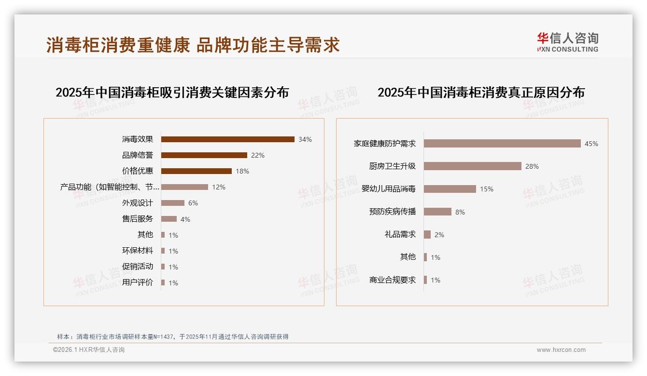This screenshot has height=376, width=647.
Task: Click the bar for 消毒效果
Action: (227, 139)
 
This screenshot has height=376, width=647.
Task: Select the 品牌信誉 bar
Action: (204, 155)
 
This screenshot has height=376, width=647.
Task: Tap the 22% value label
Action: (258, 155)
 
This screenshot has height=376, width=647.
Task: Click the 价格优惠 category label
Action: (138, 171)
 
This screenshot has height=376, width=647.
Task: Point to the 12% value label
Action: (219, 187)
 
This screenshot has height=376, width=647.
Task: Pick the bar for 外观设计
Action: (173, 203)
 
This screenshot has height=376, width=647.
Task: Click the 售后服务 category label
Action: (138, 219)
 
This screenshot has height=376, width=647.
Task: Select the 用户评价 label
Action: (138, 282)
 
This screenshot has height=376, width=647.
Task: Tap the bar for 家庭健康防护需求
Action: (502, 144)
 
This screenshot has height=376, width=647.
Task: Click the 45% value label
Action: (591, 144)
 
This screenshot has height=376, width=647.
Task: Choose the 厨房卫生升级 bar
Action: (472, 166)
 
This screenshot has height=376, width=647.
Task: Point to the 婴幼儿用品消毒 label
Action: (389, 189)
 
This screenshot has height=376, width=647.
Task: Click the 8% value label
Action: (460, 212)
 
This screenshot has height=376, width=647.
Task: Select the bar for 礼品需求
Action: (427, 235)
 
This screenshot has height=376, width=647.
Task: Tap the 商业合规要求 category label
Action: (393, 280)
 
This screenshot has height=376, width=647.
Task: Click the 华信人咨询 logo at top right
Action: (567, 42)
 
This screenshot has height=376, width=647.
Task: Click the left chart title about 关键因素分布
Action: (172, 92)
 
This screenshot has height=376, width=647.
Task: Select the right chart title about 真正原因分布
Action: (481, 92)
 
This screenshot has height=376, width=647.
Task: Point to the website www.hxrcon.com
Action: (561, 350)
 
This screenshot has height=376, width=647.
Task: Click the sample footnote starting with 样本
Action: (173, 336)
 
